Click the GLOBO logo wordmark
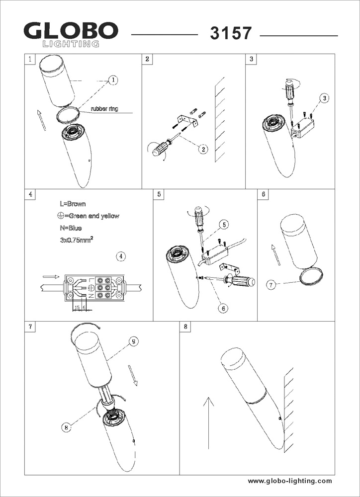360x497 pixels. (71, 32)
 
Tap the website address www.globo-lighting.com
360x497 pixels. (290, 481)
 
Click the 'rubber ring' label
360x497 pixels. (104, 108)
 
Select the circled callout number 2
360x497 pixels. (203, 148)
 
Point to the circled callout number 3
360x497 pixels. (324, 98)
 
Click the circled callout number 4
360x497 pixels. (121, 256)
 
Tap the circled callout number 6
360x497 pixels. (223, 308)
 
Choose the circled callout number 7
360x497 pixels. (271, 285)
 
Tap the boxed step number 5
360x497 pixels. (159, 194)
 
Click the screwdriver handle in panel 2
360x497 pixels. (160, 149)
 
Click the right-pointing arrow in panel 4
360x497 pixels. (51, 276)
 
